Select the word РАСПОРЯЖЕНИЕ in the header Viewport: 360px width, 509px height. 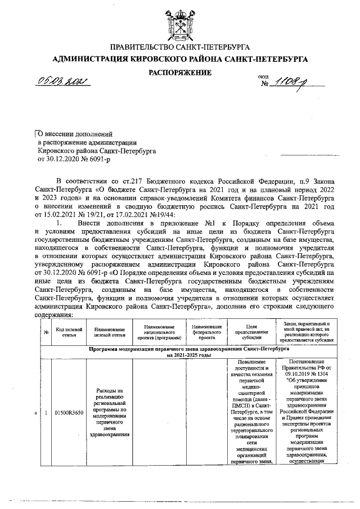179,73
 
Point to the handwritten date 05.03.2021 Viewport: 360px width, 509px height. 64,83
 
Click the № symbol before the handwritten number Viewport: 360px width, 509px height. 265,84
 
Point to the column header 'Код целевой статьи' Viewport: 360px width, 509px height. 69,332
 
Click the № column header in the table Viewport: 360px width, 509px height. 46,332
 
